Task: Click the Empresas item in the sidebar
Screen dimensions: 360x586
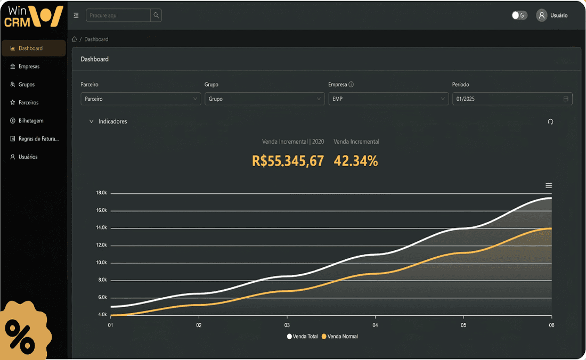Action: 29,67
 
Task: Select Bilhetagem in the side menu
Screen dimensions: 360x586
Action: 30,121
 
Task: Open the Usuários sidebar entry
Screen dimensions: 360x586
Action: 28,157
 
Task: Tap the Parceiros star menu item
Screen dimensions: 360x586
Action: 28,102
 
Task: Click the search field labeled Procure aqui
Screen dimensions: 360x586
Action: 118,15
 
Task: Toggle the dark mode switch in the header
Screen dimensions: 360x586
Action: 519,15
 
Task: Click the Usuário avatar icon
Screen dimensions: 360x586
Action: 542,15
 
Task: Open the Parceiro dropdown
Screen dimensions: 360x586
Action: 141,99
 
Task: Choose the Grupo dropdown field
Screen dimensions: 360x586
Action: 264,99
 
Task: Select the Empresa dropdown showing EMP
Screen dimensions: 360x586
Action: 388,99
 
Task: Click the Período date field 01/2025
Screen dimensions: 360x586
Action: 512,99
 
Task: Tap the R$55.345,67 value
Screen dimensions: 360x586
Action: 288,161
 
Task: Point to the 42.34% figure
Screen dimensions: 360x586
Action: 356,161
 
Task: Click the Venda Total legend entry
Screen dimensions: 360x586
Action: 302,337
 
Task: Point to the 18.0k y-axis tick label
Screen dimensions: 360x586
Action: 101,193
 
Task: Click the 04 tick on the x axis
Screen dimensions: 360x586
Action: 375,325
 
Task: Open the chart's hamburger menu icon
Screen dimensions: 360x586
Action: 549,185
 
